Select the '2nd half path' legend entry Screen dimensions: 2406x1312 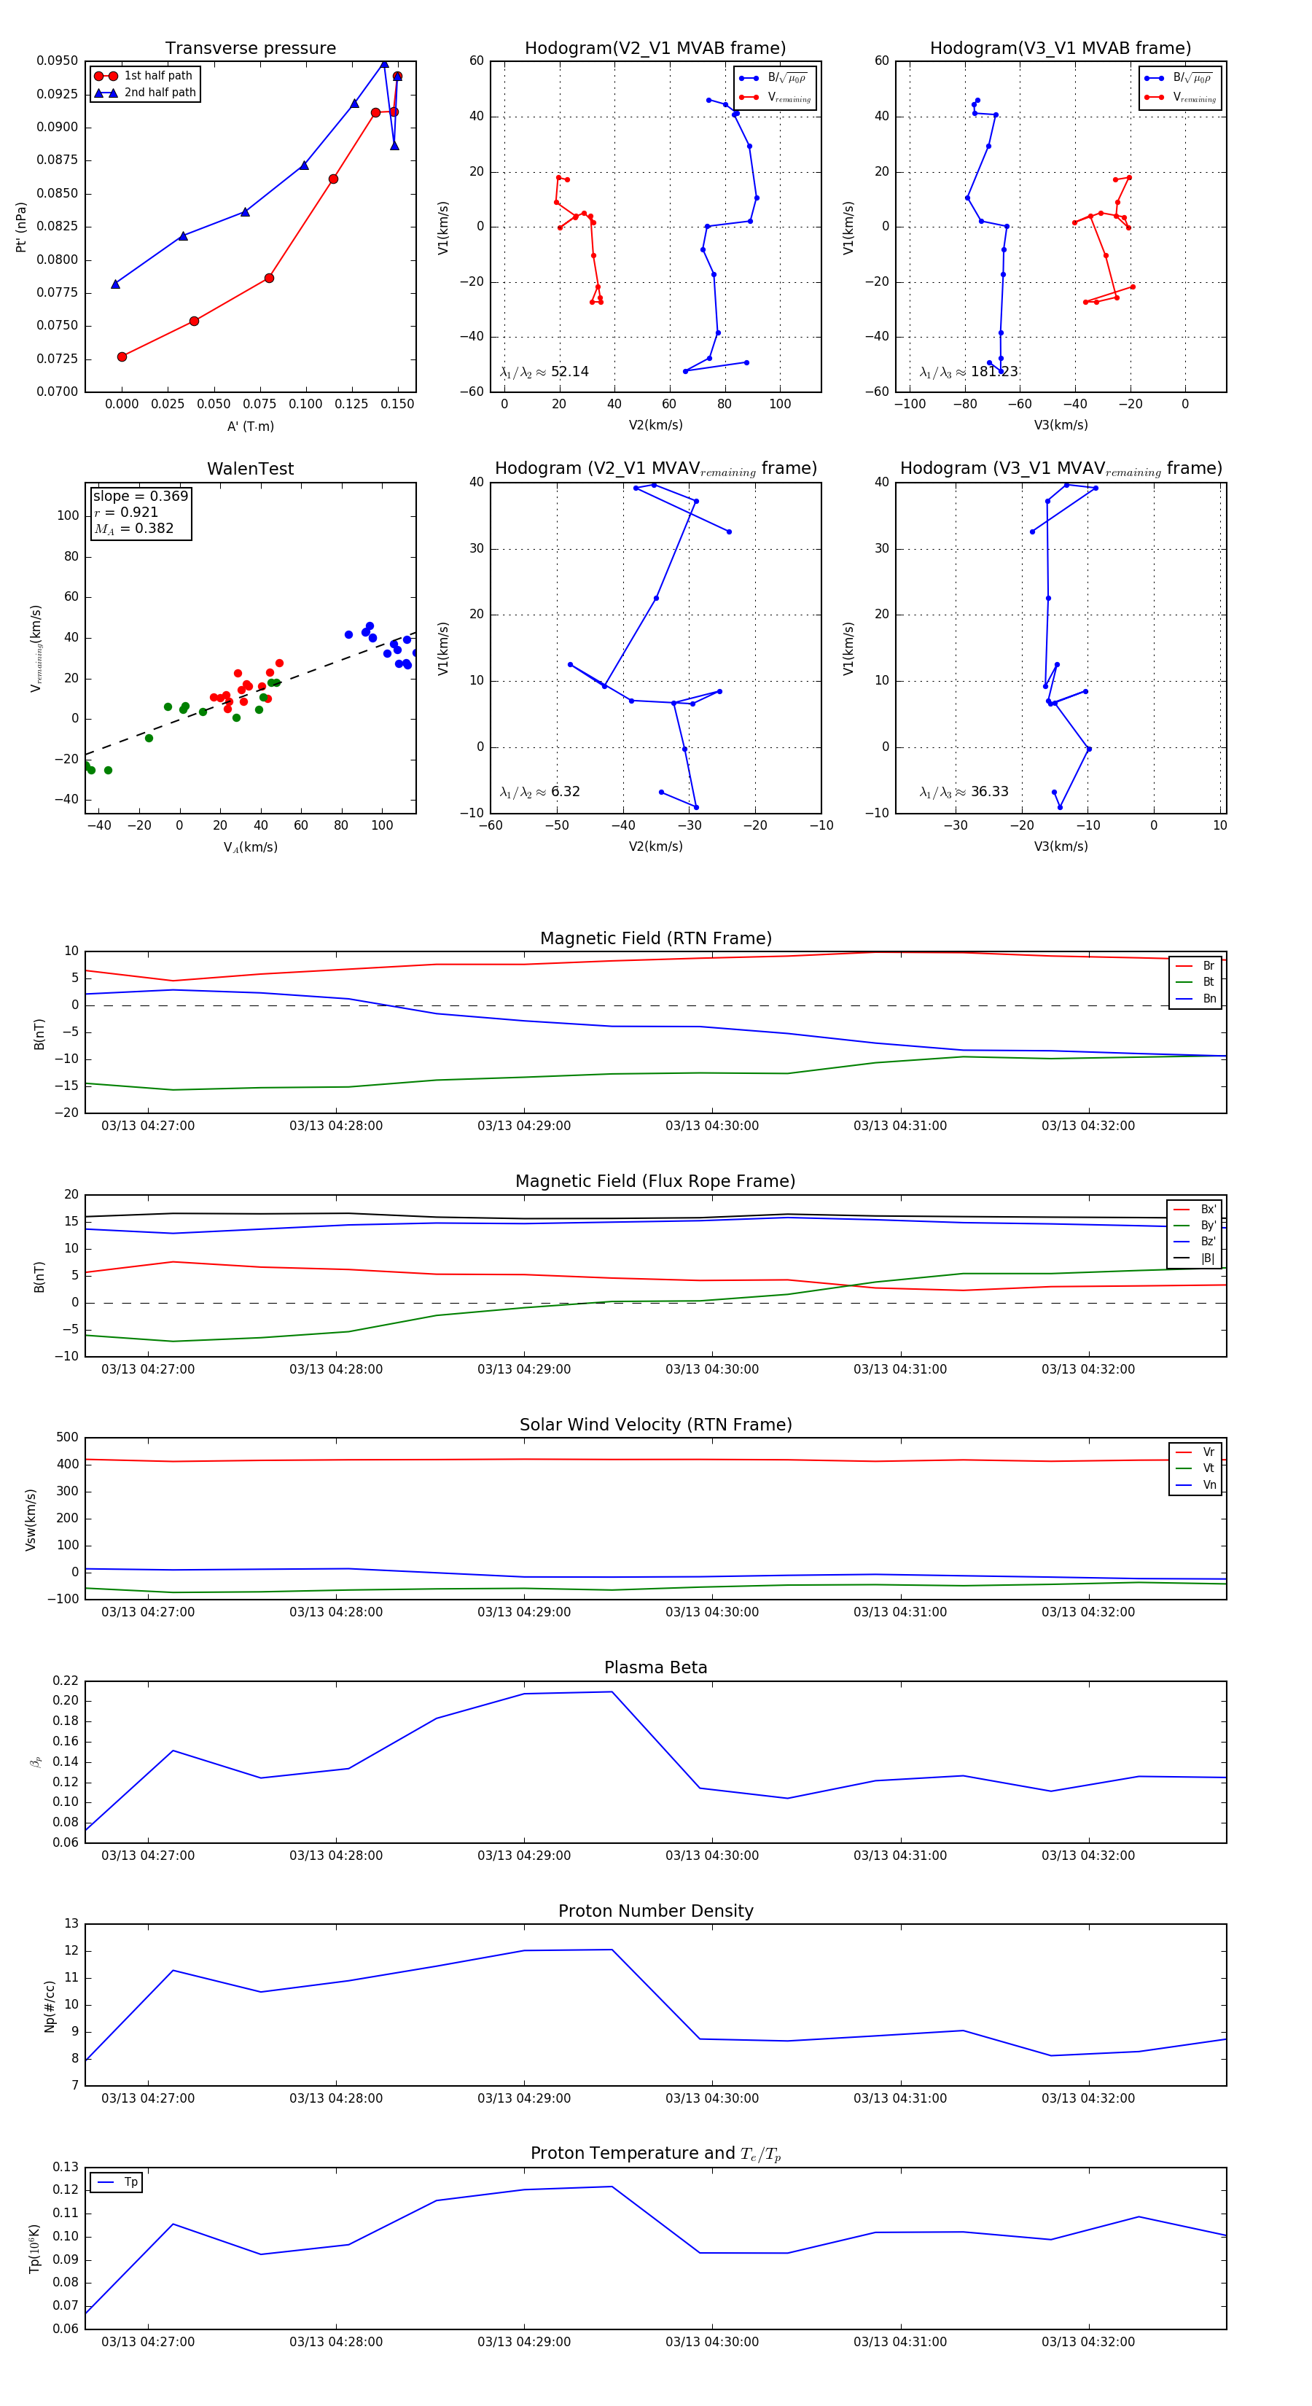click(160, 93)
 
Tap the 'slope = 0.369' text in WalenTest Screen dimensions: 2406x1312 click(140, 496)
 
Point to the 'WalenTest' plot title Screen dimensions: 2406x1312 click(250, 469)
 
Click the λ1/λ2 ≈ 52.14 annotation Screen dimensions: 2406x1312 click(544, 372)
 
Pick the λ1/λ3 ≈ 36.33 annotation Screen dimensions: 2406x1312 click(964, 792)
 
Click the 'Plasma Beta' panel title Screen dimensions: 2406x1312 click(655, 1667)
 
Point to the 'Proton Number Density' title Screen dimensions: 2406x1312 click(655, 1910)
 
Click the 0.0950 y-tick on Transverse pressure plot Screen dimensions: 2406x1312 click(57, 61)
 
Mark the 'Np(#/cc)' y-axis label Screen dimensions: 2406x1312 click(50, 2006)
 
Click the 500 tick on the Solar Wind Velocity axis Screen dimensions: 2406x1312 click(67, 1438)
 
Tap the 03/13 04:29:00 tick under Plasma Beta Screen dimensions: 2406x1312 click(524, 1855)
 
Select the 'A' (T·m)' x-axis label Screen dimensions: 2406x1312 click(250, 426)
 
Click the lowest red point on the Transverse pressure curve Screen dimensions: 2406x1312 click(122, 357)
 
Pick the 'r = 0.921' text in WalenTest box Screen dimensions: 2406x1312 click(126, 512)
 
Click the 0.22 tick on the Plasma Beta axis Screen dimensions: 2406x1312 click(66, 1681)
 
